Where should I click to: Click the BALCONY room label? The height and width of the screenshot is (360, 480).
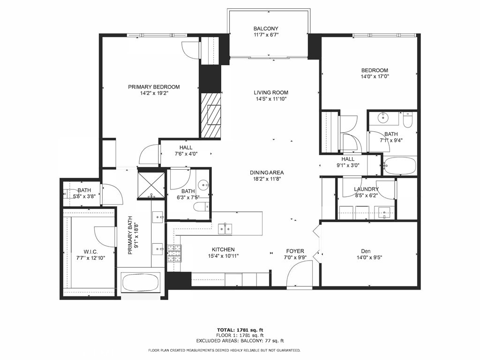[266, 29]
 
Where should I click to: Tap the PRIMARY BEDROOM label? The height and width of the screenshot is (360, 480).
[154, 87]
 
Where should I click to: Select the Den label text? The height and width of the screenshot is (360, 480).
[366, 251]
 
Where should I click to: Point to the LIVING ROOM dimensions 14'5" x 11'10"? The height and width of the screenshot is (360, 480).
[271, 99]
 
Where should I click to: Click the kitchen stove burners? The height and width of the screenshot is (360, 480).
[174, 254]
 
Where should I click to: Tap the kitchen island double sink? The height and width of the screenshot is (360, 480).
[225, 229]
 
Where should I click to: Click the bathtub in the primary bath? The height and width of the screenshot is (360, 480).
[141, 283]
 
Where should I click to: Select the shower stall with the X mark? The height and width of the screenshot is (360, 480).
[151, 186]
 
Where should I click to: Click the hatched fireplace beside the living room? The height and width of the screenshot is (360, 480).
[210, 115]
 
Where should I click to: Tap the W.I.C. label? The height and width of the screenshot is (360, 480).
[90, 252]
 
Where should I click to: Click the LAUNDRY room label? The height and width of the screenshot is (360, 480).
[366, 189]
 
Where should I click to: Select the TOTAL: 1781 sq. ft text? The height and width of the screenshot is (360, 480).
[240, 330]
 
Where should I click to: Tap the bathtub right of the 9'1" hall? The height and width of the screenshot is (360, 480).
[399, 166]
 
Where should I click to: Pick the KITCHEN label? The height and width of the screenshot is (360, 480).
[223, 250]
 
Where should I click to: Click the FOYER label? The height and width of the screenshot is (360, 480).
[295, 251]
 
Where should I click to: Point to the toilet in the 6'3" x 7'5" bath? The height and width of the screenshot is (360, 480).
[202, 207]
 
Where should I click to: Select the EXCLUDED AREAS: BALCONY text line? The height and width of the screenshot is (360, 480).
[240, 340]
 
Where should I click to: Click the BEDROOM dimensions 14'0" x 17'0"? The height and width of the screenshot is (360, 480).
[375, 77]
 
